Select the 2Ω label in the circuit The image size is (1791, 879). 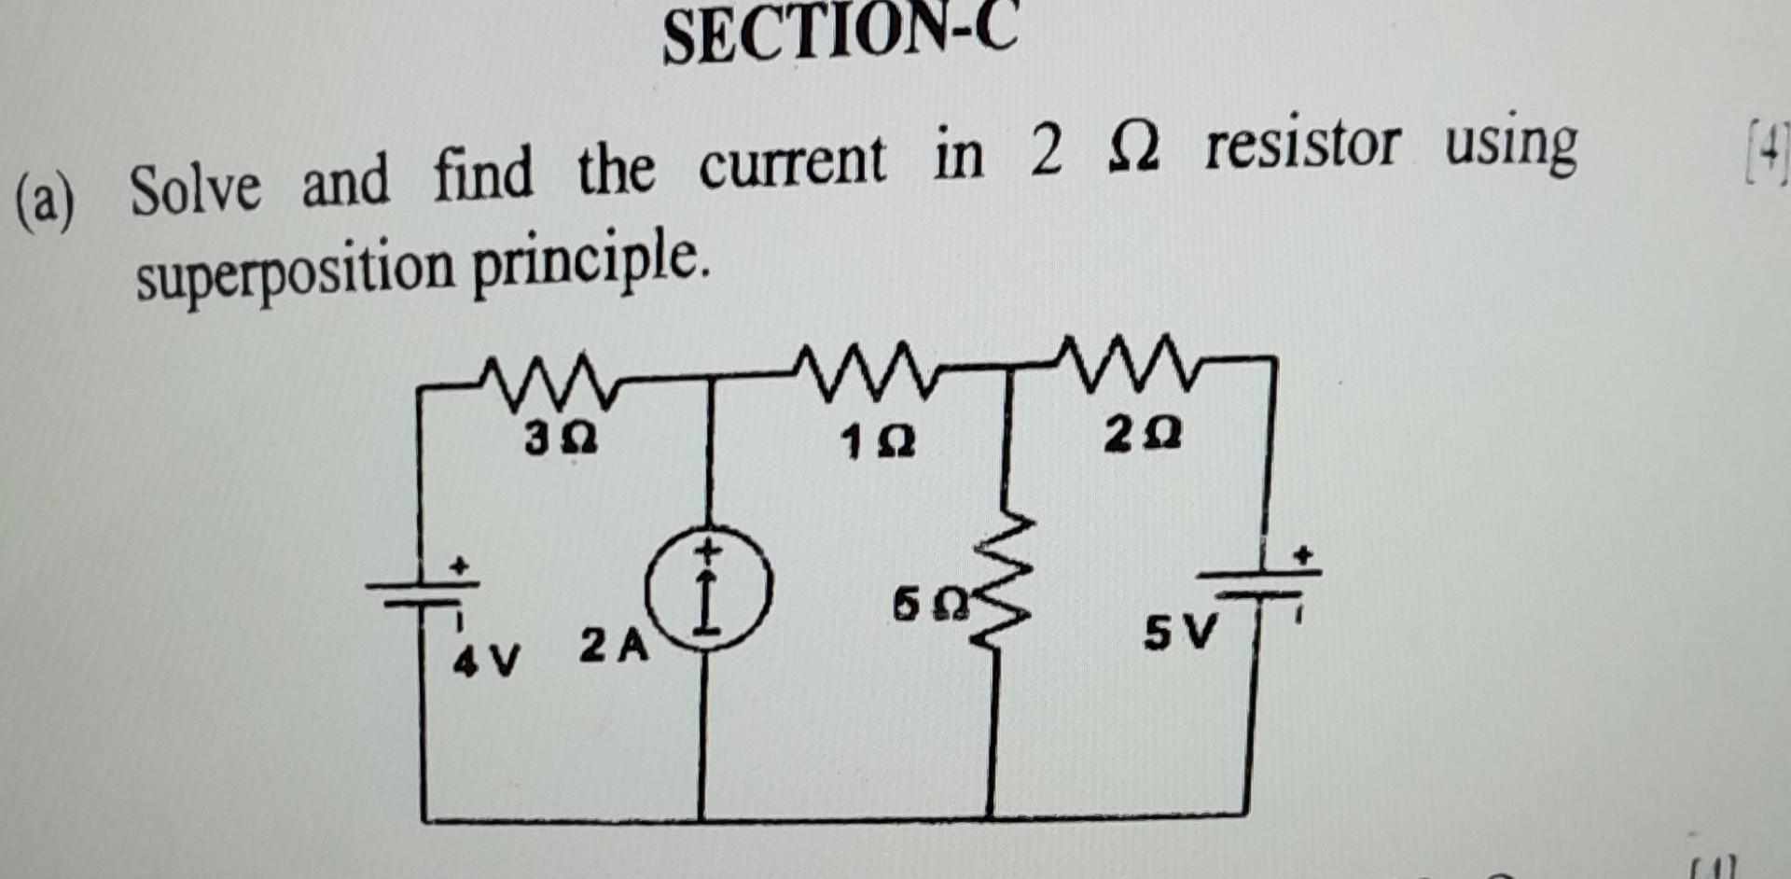pos(1144,435)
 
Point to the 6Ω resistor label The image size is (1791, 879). pos(932,607)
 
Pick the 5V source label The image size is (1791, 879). pos(1181,636)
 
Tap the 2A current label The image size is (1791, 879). pos(613,646)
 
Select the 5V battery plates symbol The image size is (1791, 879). pos(1259,583)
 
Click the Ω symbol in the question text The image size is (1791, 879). pos(1134,151)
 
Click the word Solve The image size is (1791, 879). pos(195,189)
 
